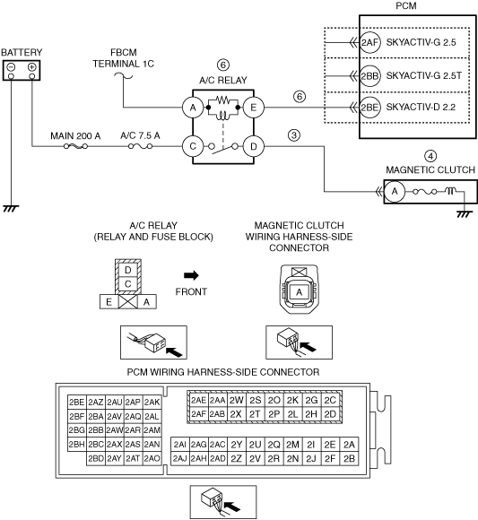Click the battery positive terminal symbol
coord(32,67)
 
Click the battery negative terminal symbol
coord(11,67)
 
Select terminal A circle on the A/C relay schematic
coord(193,108)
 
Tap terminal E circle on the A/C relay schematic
coord(254,108)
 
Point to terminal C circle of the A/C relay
coord(193,146)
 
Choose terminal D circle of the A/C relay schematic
coord(254,146)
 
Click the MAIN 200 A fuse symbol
coord(75,146)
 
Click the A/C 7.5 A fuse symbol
coord(140,146)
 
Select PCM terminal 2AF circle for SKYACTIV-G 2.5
coord(369,42)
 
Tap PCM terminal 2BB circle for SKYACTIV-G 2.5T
coord(369,76)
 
